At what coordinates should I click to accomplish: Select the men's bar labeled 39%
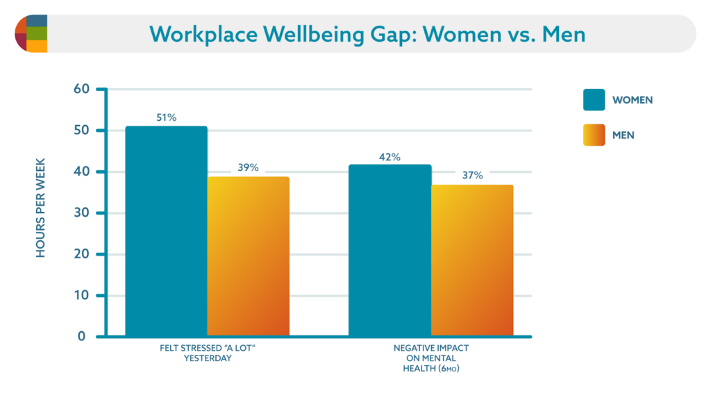coord(248,257)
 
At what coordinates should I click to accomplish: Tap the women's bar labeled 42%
coord(390,251)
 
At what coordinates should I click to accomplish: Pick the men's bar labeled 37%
coord(472,261)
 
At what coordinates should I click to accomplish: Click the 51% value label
coord(166,117)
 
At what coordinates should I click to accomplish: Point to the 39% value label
coord(248,167)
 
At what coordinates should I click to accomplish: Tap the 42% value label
coord(390,157)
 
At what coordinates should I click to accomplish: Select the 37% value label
coord(472,176)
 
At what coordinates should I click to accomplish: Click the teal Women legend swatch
coord(594,100)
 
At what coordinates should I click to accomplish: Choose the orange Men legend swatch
coord(594,135)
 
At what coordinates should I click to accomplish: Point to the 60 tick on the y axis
coord(82,90)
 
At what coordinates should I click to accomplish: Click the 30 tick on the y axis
coord(82,213)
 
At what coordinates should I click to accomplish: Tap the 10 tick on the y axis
coord(82,296)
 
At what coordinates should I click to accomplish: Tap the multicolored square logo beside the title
coord(31,33)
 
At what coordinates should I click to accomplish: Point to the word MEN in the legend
coord(623,135)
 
